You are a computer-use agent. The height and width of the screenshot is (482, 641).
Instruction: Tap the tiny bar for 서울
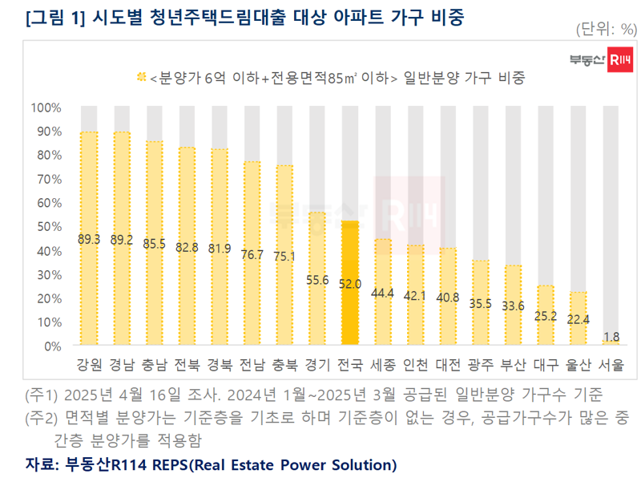coord(611,342)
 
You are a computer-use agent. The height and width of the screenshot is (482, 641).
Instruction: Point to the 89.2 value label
coord(122,240)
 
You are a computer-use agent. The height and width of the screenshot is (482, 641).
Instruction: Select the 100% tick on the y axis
coord(46,107)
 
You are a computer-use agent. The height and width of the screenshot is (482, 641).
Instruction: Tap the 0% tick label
coord(52,346)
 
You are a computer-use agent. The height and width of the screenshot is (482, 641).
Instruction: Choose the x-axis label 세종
coord(383,364)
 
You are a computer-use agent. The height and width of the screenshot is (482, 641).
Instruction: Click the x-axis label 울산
coord(579,364)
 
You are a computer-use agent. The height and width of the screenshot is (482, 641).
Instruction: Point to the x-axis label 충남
coord(155,364)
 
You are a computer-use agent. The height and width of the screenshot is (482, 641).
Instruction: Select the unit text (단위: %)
coord(605,30)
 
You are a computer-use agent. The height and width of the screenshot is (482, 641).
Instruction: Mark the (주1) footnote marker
coord(40,395)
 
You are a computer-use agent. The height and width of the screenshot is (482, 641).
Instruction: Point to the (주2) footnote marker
coord(40,419)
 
